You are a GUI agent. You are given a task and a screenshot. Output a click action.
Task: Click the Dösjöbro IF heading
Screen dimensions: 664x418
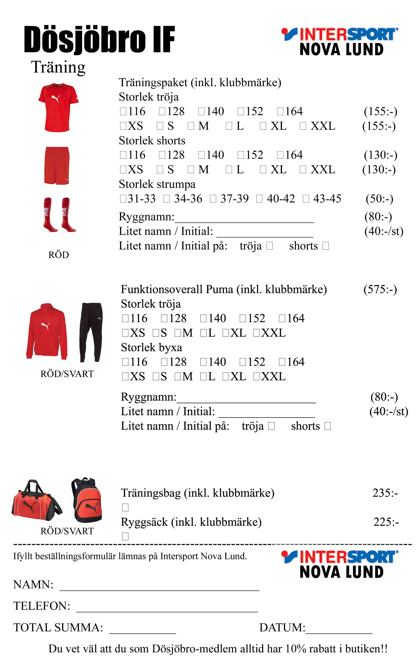[99, 39]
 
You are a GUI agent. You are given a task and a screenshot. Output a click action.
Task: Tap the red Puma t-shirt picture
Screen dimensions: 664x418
[58, 107]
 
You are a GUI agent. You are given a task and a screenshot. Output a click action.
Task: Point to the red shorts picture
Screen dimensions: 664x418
[57, 165]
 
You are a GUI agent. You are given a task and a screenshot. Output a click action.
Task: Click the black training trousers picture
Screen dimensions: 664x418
[91, 332]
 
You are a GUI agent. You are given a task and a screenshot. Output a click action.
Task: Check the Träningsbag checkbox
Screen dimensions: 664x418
[125, 507]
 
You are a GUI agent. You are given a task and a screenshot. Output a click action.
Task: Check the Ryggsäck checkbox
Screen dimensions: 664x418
[125, 536]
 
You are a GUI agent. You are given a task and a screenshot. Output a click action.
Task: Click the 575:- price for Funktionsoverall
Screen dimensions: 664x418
[380, 289]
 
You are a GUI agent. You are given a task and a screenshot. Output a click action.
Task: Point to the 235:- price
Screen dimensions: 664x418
[385, 493]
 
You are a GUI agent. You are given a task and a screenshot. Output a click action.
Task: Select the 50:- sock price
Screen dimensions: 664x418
[379, 199]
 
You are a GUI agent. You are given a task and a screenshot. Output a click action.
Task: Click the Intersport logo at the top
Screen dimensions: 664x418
[340, 41]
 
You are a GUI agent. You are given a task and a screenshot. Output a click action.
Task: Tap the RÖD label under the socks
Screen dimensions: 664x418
[59, 255]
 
